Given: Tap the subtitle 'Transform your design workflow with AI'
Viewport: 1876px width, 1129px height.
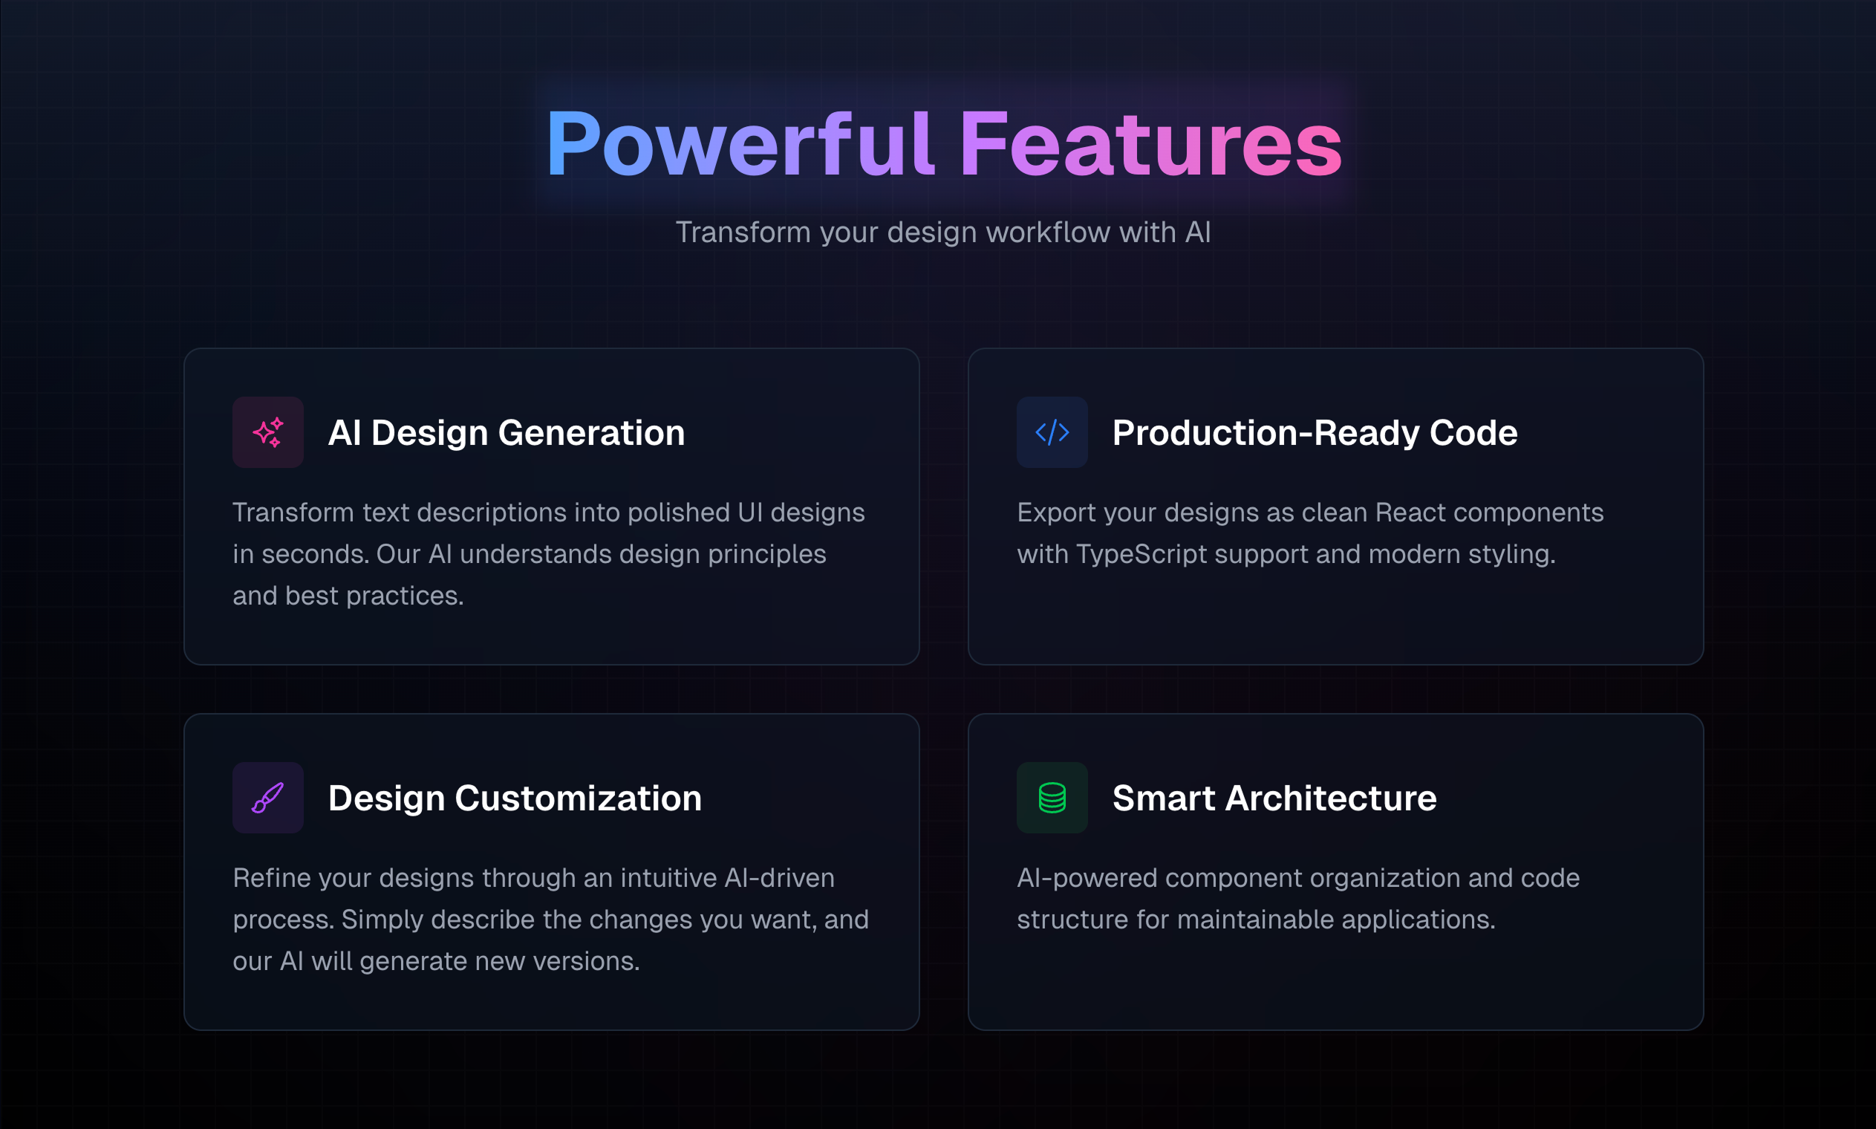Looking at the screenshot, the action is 943,232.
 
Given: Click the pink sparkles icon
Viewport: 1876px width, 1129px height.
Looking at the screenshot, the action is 267,432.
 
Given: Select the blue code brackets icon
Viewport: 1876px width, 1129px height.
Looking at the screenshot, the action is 1052,432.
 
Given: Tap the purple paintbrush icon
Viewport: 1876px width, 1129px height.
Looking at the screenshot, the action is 267,797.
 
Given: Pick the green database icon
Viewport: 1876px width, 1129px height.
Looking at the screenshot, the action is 1052,797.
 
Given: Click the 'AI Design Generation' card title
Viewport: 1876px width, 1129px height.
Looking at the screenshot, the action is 507,433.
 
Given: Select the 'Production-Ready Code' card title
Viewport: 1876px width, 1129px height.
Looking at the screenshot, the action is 1315,433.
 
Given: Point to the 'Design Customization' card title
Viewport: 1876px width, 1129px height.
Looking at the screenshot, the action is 515,798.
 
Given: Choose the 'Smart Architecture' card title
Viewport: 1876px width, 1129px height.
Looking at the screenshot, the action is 1274,798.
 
